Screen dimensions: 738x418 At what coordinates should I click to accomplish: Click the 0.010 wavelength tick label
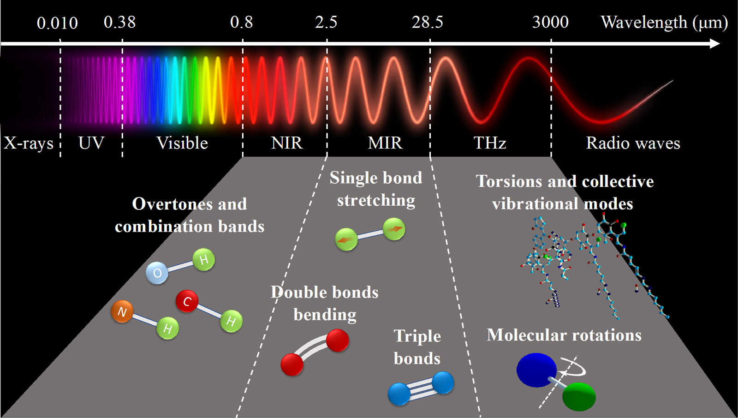[x=57, y=23]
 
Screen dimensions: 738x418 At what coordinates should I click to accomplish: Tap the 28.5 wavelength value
[x=427, y=23]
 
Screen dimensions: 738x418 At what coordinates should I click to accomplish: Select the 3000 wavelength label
[x=551, y=23]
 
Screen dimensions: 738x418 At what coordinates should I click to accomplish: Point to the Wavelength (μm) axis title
[x=664, y=23]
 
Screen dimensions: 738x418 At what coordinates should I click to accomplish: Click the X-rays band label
[x=29, y=143]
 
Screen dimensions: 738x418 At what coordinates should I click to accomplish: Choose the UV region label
[x=91, y=143]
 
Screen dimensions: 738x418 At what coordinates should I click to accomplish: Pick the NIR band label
[x=286, y=143]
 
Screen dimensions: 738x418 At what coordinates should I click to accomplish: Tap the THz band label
[x=489, y=143]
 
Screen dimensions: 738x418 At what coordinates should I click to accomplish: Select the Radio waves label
[x=633, y=143]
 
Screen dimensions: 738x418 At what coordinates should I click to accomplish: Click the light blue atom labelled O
[x=157, y=273]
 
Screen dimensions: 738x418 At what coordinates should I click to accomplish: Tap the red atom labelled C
[x=187, y=301]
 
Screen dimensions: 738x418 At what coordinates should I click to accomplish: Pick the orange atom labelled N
[x=122, y=311]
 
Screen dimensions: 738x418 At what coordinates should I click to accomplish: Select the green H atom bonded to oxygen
[x=204, y=260]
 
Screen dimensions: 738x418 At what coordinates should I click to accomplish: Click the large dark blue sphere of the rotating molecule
[x=536, y=370]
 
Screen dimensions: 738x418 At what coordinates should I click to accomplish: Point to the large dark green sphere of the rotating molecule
[x=579, y=397]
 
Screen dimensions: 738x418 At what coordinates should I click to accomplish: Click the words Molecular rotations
[x=564, y=335]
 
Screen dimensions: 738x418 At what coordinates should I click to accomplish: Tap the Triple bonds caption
[x=417, y=347]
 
